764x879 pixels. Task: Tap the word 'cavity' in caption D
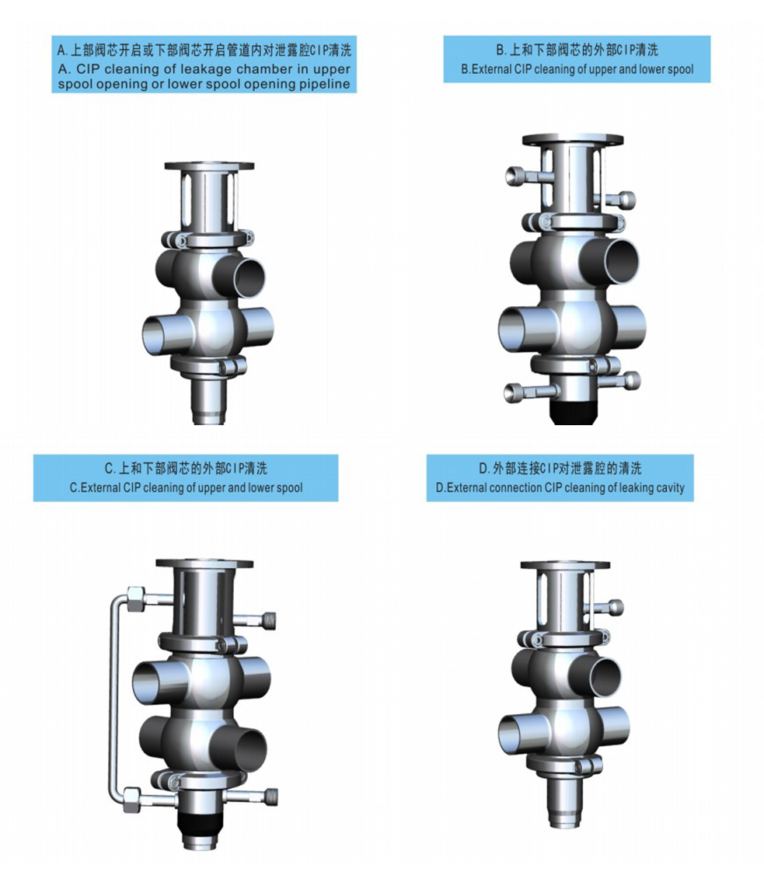click(x=666, y=488)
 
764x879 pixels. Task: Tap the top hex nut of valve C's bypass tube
click(x=135, y=598)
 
